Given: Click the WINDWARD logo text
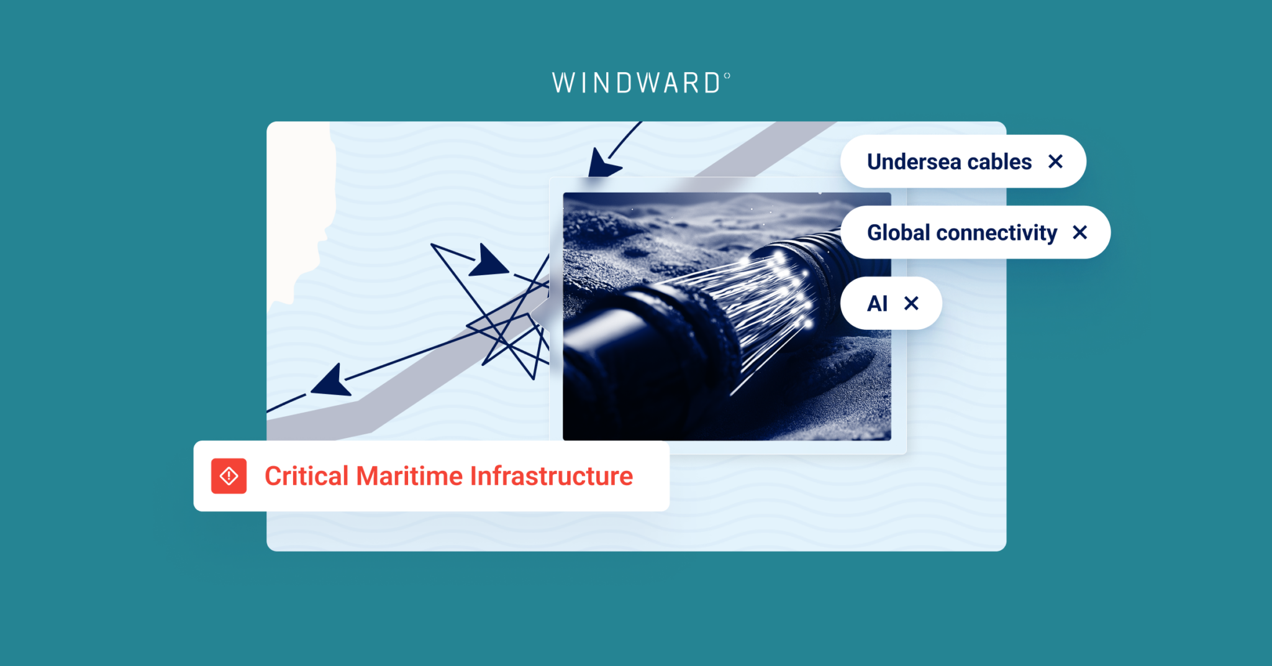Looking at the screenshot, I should click(637, 83).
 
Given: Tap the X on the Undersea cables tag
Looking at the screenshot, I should click(1055, 162).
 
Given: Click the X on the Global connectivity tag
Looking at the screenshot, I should click(1080, 232).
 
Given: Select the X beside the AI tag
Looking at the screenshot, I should click(911, 303).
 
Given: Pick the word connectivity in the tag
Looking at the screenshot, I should click(996, 233).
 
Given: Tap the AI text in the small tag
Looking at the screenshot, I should click(877, 304).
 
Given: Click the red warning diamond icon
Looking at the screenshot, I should click(229, 476).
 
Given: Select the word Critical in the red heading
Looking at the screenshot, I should click(306, 477).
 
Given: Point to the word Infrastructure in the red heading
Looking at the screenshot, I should click(552, 477).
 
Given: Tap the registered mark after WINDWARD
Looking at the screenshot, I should click(727, 76).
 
